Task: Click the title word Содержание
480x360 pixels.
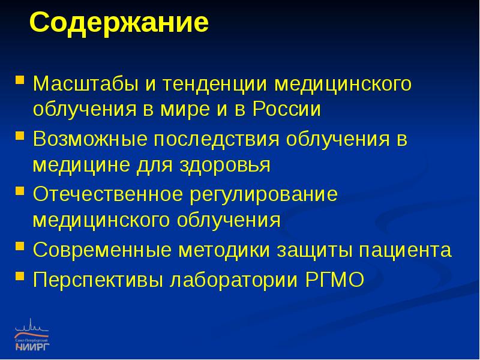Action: (119, 25)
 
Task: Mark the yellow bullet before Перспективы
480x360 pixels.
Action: (20, 274)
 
